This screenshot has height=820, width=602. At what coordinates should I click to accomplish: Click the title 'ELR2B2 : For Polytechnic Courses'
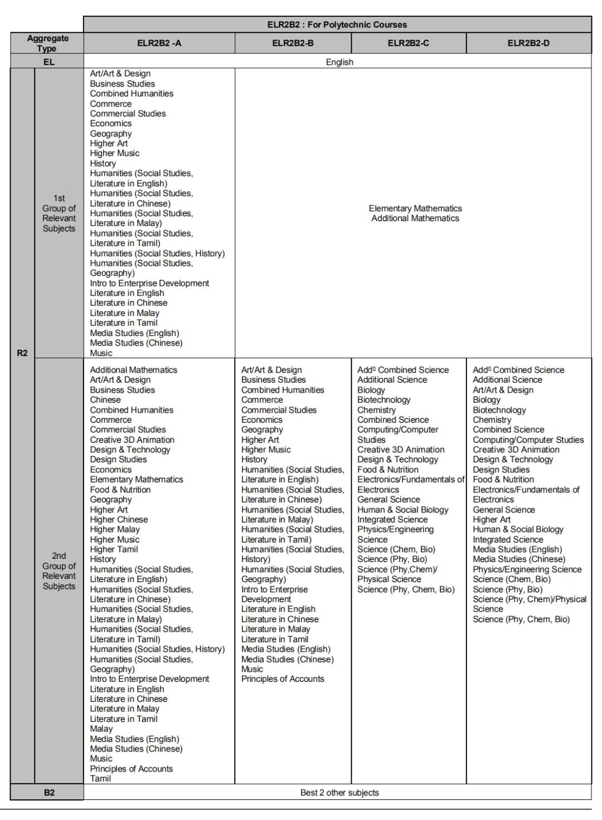click(x=337, y=25)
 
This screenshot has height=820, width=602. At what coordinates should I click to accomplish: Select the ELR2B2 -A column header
click(x=159, y=43)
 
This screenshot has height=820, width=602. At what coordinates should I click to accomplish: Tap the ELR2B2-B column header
click(x=293, y=43)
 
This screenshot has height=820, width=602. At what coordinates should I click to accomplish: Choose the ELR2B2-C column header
click(x=408, y=43)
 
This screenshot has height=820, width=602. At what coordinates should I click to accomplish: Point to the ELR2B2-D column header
click(x=528, y=43)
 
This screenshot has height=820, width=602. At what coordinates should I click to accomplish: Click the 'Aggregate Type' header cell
click(x=47, y=43)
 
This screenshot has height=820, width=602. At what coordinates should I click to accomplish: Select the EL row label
click(x=48, y=62)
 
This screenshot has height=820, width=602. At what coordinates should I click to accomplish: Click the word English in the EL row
click(x=339, y=62)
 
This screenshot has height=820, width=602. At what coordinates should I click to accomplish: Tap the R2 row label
click(x=22, y=353)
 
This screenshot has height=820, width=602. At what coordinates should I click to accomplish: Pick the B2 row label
click(x=49, y=792)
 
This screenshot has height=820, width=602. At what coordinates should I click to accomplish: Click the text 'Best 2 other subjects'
click(x=339, y=792)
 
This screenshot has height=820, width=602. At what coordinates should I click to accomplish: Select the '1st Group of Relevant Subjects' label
click(x=59, y=213)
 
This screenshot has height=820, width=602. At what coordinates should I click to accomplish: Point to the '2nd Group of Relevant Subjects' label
click(x=59, y=571)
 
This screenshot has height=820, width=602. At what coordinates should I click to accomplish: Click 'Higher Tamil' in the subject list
click(x=114, y=549)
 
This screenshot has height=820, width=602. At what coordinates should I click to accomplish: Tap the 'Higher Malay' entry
click(x=115, y=529)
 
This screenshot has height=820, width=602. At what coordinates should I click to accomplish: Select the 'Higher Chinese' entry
click(x=119, y=519)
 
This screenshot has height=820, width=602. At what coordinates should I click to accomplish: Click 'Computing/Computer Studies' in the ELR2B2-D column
click(x=528, y=440)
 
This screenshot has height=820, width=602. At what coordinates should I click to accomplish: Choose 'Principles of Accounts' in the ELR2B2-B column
click(x=283, y=679)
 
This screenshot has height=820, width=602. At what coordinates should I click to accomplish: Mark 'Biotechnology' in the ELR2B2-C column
click(x=383, y=399)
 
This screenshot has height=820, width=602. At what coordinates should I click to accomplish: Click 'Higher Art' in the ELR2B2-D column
click(x=491, y=519)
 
